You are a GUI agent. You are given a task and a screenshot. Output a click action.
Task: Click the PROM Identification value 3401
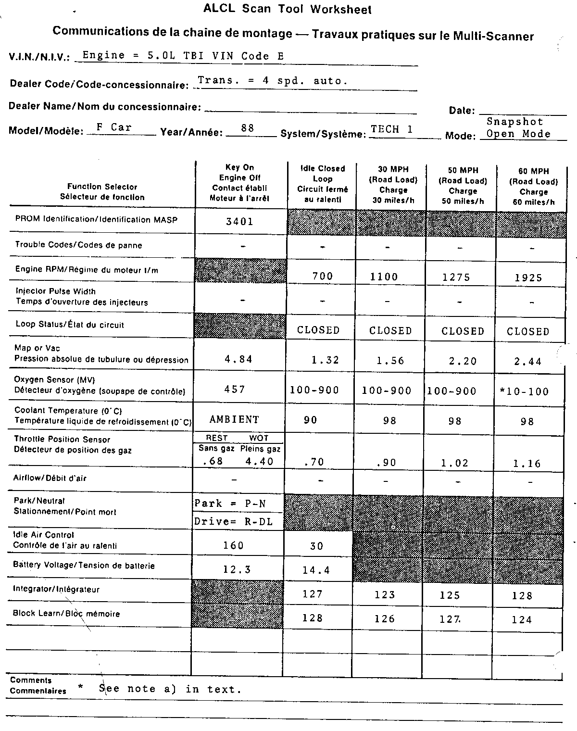click(x=239, y=222)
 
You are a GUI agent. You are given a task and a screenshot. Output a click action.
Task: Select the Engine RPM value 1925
click(x=528, y=277)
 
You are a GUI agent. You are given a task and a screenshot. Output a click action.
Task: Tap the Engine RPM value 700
click(x=322, y=276)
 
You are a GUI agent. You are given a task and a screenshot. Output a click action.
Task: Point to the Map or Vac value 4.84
click(x=238, y=359)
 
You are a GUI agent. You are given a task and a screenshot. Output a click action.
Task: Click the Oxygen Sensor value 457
click(x=235, y=389)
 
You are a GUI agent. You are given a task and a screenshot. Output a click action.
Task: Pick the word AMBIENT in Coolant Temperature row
click(x=234, y=419)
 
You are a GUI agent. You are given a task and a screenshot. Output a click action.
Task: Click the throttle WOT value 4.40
click(x=259, y=462)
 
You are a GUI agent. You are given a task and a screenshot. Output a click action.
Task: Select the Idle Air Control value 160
click(x=233, y=545)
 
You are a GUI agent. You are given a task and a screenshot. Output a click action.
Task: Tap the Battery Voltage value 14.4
click(x=316, y=570)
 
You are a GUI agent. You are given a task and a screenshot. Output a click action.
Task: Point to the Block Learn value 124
click(x=522, y=619)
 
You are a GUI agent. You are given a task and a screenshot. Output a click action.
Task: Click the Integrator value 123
click(x=385, y=595)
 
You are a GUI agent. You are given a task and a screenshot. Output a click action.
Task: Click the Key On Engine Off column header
click(x=239, y=182)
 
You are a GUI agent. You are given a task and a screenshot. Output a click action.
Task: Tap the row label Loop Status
click(x=70, y=325)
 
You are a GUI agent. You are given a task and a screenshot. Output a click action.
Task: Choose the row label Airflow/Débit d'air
click(x=50, y=478)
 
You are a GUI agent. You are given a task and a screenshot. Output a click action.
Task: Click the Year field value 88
click(x=248, y=128)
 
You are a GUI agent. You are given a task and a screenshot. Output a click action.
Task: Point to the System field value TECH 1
click(x=391, y=129)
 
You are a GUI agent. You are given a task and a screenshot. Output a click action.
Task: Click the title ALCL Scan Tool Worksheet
click(x=288, y=9)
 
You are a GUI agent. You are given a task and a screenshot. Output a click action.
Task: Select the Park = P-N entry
click(x=230, y=504)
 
